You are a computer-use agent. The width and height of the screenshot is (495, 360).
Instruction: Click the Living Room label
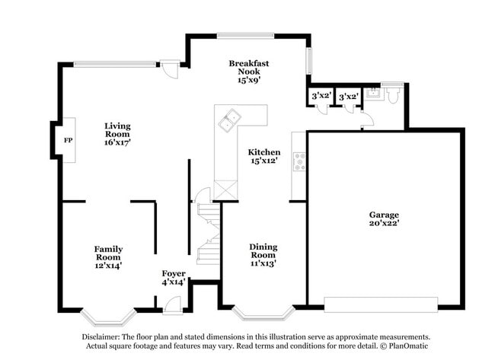pos(117,133)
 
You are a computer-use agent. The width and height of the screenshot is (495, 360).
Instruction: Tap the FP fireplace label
pos(68,141)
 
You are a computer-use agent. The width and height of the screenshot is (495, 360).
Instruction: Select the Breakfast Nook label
pos(249,72)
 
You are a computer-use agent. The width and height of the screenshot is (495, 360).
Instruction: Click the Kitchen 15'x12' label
pos(263,156)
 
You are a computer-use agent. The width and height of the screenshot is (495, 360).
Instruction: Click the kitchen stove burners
pos(300,161)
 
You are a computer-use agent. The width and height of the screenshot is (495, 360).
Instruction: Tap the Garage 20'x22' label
pos(384,219)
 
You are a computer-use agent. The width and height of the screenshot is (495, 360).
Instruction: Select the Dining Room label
pos(263,255)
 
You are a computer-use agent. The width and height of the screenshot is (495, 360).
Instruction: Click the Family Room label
pos(108,256)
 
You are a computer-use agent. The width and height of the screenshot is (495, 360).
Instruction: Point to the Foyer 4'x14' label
pos(174,277)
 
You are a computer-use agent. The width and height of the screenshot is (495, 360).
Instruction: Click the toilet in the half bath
pos(391,96)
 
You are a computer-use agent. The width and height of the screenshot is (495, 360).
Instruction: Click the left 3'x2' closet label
pos(321,97)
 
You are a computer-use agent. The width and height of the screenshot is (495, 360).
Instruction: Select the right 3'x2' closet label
pos(349,97)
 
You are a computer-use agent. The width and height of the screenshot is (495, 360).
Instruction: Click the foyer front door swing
pos(172,304)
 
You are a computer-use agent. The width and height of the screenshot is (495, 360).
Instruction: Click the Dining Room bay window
pos(263,312)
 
